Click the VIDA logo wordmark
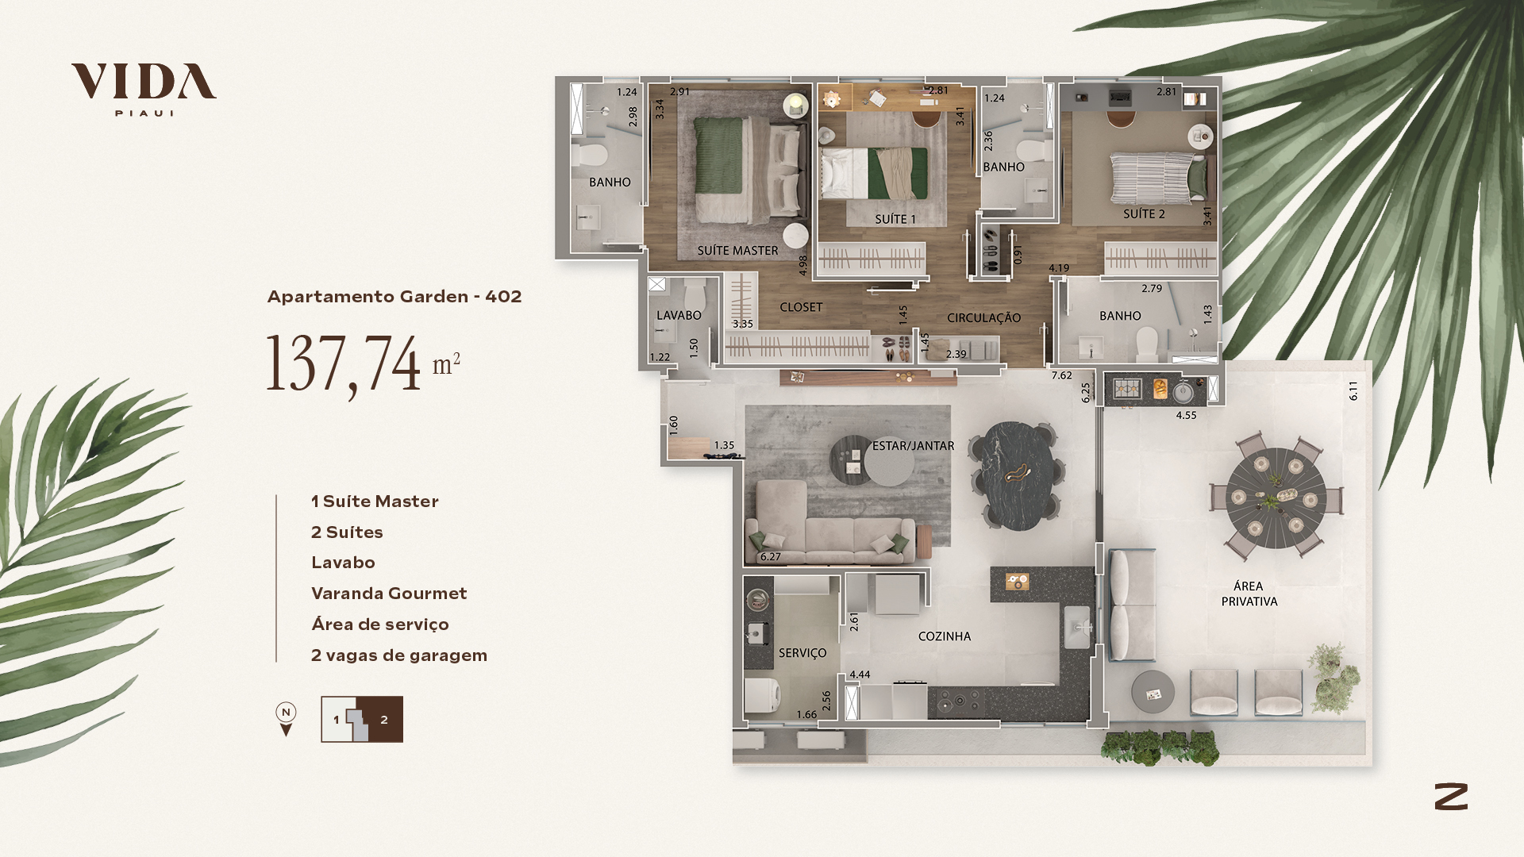pyautogui.click(x=144, y=82)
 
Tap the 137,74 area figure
pyautogui.click(x=343, y=363)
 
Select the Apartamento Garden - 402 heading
pyautogui.click(x=394, y=297)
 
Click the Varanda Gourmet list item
pyautogui.click(x=389, y=594)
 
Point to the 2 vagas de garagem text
pyautogui.click(x=399, y=655)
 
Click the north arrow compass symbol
pyautogui.click(x=286, y=720)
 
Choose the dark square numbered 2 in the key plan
pyautogui.click(x=384, y=720)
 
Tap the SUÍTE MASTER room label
pyautogui.click(x=737, y=251)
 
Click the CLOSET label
pyautogui.click(x=801, y=307)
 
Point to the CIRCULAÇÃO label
pyautogui.click(x=983, y=317)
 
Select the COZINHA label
pyautogui.click(x=944, y=636)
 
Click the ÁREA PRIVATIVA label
pyautogui.click(x=1249, y=594)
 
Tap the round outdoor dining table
pyautogui.click(x=1276, y=498)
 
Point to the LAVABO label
pyautogui.click(x=679, y=316)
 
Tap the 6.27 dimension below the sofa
pyautogui.click(x=770, y=557)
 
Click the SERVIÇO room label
pyautogui.click(x=802, y=653)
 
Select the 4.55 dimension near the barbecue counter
pyautogui.click(x=1186, y=415)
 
